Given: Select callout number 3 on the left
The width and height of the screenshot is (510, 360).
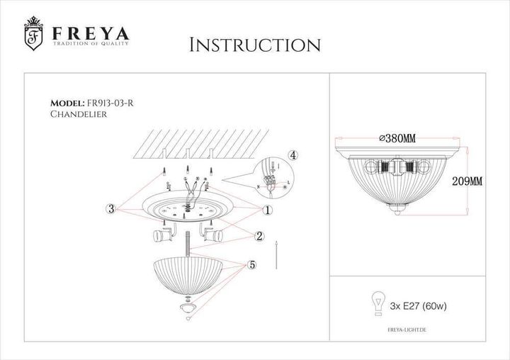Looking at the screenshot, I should pyautogui.click(x=111, y=208).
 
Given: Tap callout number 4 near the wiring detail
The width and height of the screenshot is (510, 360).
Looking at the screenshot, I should pyautogui.click(x=293, y=155).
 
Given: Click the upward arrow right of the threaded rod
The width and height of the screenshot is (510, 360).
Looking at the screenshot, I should pyautogui.click(x=276, y=254).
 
